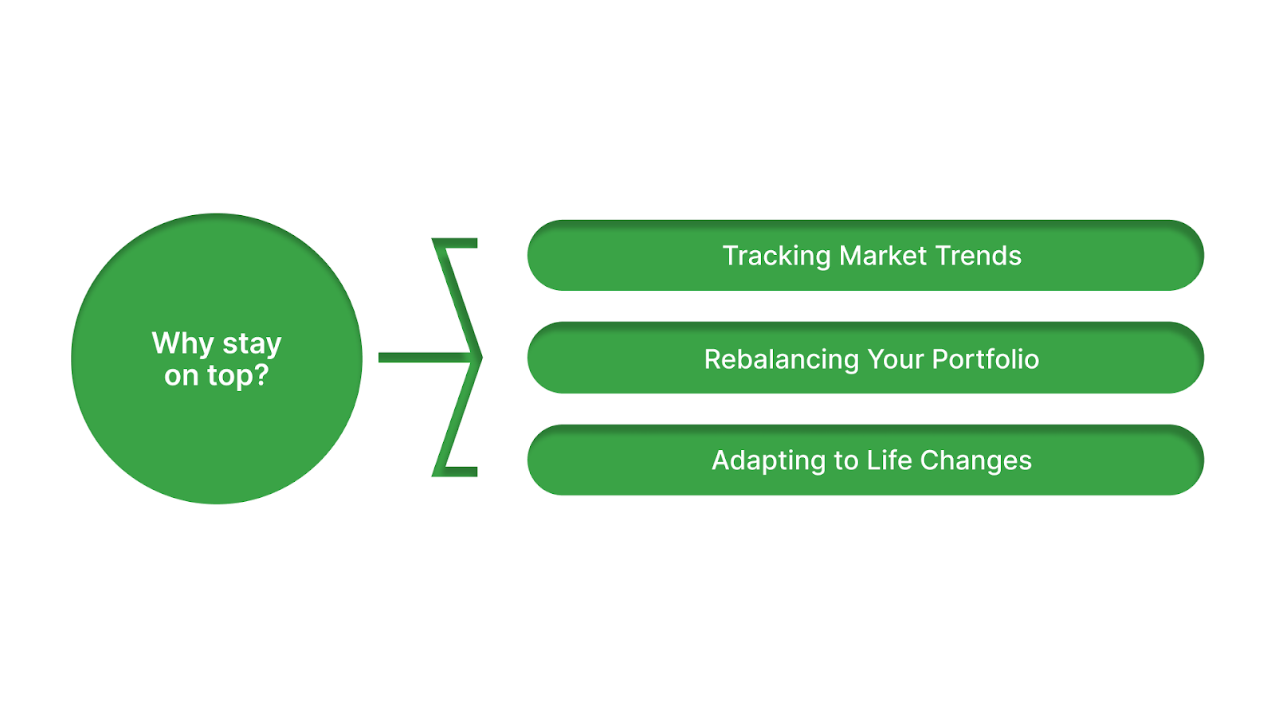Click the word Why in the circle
[x=182, y=343]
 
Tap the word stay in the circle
[x=252, y=343]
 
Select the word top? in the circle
[x=238, y=375]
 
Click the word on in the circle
[x=181, y=375]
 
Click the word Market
[x=883, y=256]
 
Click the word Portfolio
[x=986, y=359]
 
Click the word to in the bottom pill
[x=845, y=460]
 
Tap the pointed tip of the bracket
[x=480, y=358]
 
